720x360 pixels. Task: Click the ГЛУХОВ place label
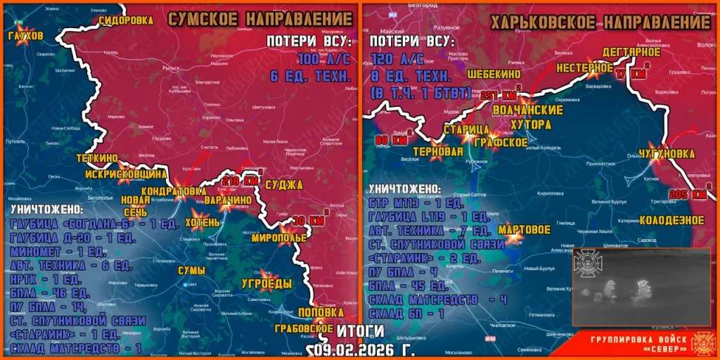coord(25,35)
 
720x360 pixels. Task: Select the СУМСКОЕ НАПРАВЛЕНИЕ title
coord(259,20)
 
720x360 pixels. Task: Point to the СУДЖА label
coord(285,185)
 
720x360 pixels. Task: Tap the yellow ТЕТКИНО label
coord(97,158)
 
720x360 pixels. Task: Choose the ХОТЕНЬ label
coord(202,223)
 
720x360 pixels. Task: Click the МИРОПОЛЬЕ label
coord(283,238)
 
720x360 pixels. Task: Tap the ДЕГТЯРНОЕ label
coord(631,52)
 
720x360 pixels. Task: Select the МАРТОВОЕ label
coord(524,229)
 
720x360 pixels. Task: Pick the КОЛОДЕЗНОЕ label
coord(671,220)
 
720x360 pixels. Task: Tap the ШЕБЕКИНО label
coord(494,73)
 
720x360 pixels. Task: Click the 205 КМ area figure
coord(688,194)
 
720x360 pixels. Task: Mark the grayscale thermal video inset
coord(631,286)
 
